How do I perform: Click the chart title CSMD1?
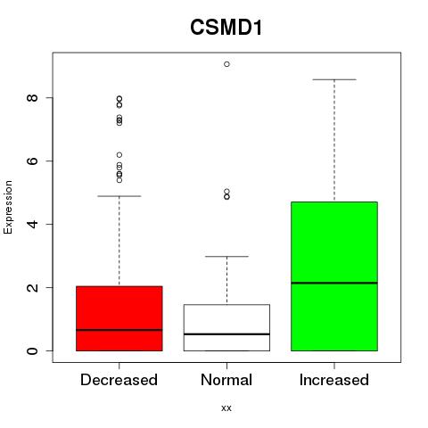coord(226,28)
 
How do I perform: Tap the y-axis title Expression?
coord(8,207)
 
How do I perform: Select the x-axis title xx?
coord(226,407)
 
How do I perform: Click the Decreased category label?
coord(119,380)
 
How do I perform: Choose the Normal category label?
coord(226,380)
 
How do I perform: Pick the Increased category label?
coord(334,380)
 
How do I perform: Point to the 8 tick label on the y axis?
coord(33,97)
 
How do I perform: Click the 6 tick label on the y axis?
coord(33,160)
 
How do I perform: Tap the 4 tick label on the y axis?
coord(33,224)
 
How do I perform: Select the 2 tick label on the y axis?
coord(33,287)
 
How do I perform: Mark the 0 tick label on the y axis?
coord(33,350)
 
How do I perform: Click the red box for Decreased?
coord(119,318)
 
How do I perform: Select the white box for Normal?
coord(226,327)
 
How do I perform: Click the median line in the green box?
coord(334,283)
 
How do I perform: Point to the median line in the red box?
coord(119,330)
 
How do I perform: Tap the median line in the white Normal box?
coord(226,334)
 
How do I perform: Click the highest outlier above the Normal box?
coord(226,64)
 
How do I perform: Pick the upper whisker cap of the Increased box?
coord(334,79)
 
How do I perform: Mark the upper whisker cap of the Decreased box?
coord(119,196)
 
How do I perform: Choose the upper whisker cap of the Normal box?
coord(226,256)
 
